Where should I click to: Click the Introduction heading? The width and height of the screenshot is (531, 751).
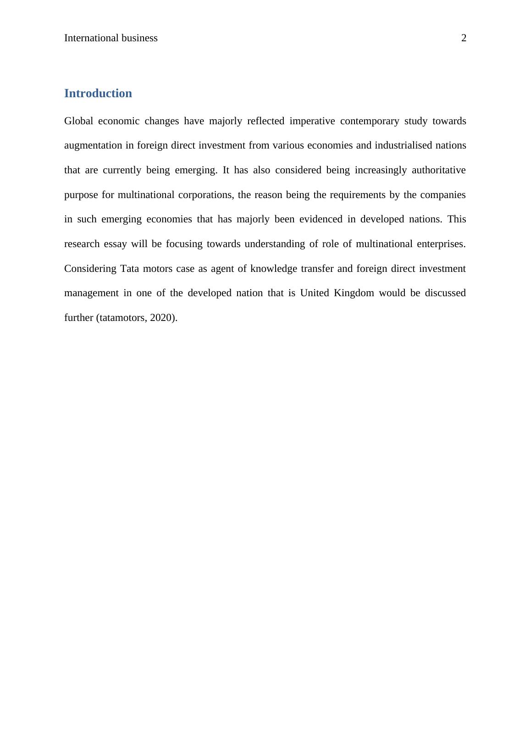point(98,94)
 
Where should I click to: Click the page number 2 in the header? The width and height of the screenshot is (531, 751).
point(464,38)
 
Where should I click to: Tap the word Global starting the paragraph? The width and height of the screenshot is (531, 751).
point(78,121)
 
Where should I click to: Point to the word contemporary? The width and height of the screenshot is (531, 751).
point(369,121)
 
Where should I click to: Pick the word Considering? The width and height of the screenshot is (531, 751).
point(90,269)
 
